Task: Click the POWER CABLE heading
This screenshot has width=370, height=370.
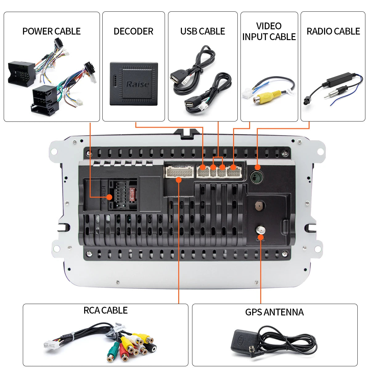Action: [x=51, y=31]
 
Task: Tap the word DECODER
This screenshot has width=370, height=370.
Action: [x=133, y=31]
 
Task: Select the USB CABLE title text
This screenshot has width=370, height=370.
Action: [x=203, y=31]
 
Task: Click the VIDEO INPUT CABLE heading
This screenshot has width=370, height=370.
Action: [x=269, y=31]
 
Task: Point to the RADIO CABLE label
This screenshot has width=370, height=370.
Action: [x=333, y=31]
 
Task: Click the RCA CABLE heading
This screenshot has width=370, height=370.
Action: [x=105, y=310]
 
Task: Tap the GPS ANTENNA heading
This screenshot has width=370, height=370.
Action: [x=274, y=312]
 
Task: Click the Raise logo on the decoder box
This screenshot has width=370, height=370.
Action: [x=138, y=84]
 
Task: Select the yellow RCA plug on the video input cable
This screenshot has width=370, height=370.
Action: [x=262, y=98]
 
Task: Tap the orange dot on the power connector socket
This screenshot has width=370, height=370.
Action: [x=109, y=197]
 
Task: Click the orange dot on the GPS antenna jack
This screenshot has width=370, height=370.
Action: [x=261, y=237]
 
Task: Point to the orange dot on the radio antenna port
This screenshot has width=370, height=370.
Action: [x=257, y=167]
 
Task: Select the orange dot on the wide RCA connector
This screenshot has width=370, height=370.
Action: [x=179, y=180]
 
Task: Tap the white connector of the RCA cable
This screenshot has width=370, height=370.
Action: [x=49, y=345]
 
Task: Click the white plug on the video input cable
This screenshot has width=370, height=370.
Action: [x=247, y=93]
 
